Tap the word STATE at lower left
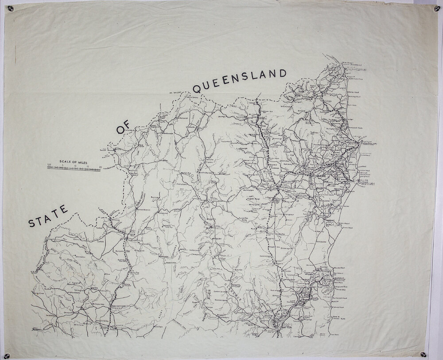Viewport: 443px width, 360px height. (47, 217)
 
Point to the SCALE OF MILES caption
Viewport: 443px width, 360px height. (73, 162)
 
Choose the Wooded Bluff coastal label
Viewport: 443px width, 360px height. (339, 269)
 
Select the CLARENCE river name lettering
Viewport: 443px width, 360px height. (234, 295)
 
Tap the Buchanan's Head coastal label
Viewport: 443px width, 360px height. (340, 299)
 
